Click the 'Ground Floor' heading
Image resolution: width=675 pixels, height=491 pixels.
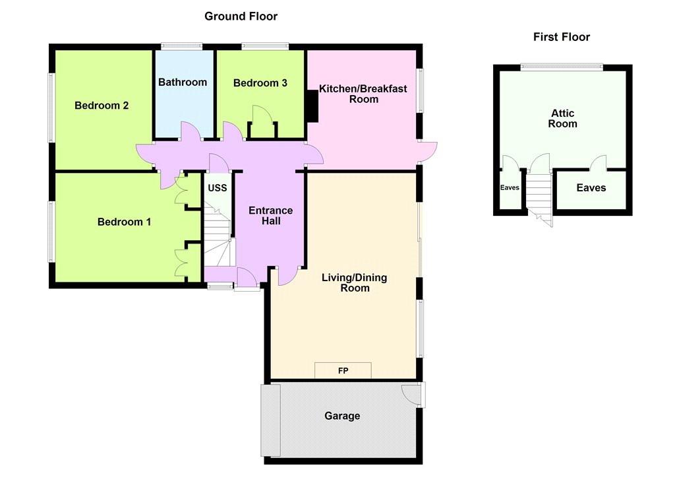241,16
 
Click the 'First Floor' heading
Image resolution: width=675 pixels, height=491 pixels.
562,37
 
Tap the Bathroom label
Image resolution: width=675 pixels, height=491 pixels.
183,82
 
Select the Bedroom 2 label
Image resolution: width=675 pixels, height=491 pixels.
102,106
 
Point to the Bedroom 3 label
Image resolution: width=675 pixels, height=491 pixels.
260,83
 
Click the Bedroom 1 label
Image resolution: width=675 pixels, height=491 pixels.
124,222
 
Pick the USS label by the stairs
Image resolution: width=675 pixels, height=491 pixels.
218,188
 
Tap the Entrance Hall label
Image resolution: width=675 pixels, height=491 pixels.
271,216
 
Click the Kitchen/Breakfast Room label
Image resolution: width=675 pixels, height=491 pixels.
363,94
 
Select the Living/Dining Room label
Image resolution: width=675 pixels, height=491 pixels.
355,283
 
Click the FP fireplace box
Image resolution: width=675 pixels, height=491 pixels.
343,370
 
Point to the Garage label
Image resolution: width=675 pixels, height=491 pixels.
342,416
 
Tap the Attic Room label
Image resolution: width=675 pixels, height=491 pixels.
563,119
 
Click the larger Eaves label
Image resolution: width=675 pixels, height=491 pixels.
591,188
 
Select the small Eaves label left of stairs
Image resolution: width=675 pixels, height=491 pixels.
510,187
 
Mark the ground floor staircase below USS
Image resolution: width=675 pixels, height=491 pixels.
218,235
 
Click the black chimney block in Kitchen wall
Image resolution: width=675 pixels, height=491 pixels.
312,106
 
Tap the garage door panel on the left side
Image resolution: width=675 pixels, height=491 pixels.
271,420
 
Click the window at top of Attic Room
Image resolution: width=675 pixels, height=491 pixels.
562,67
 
